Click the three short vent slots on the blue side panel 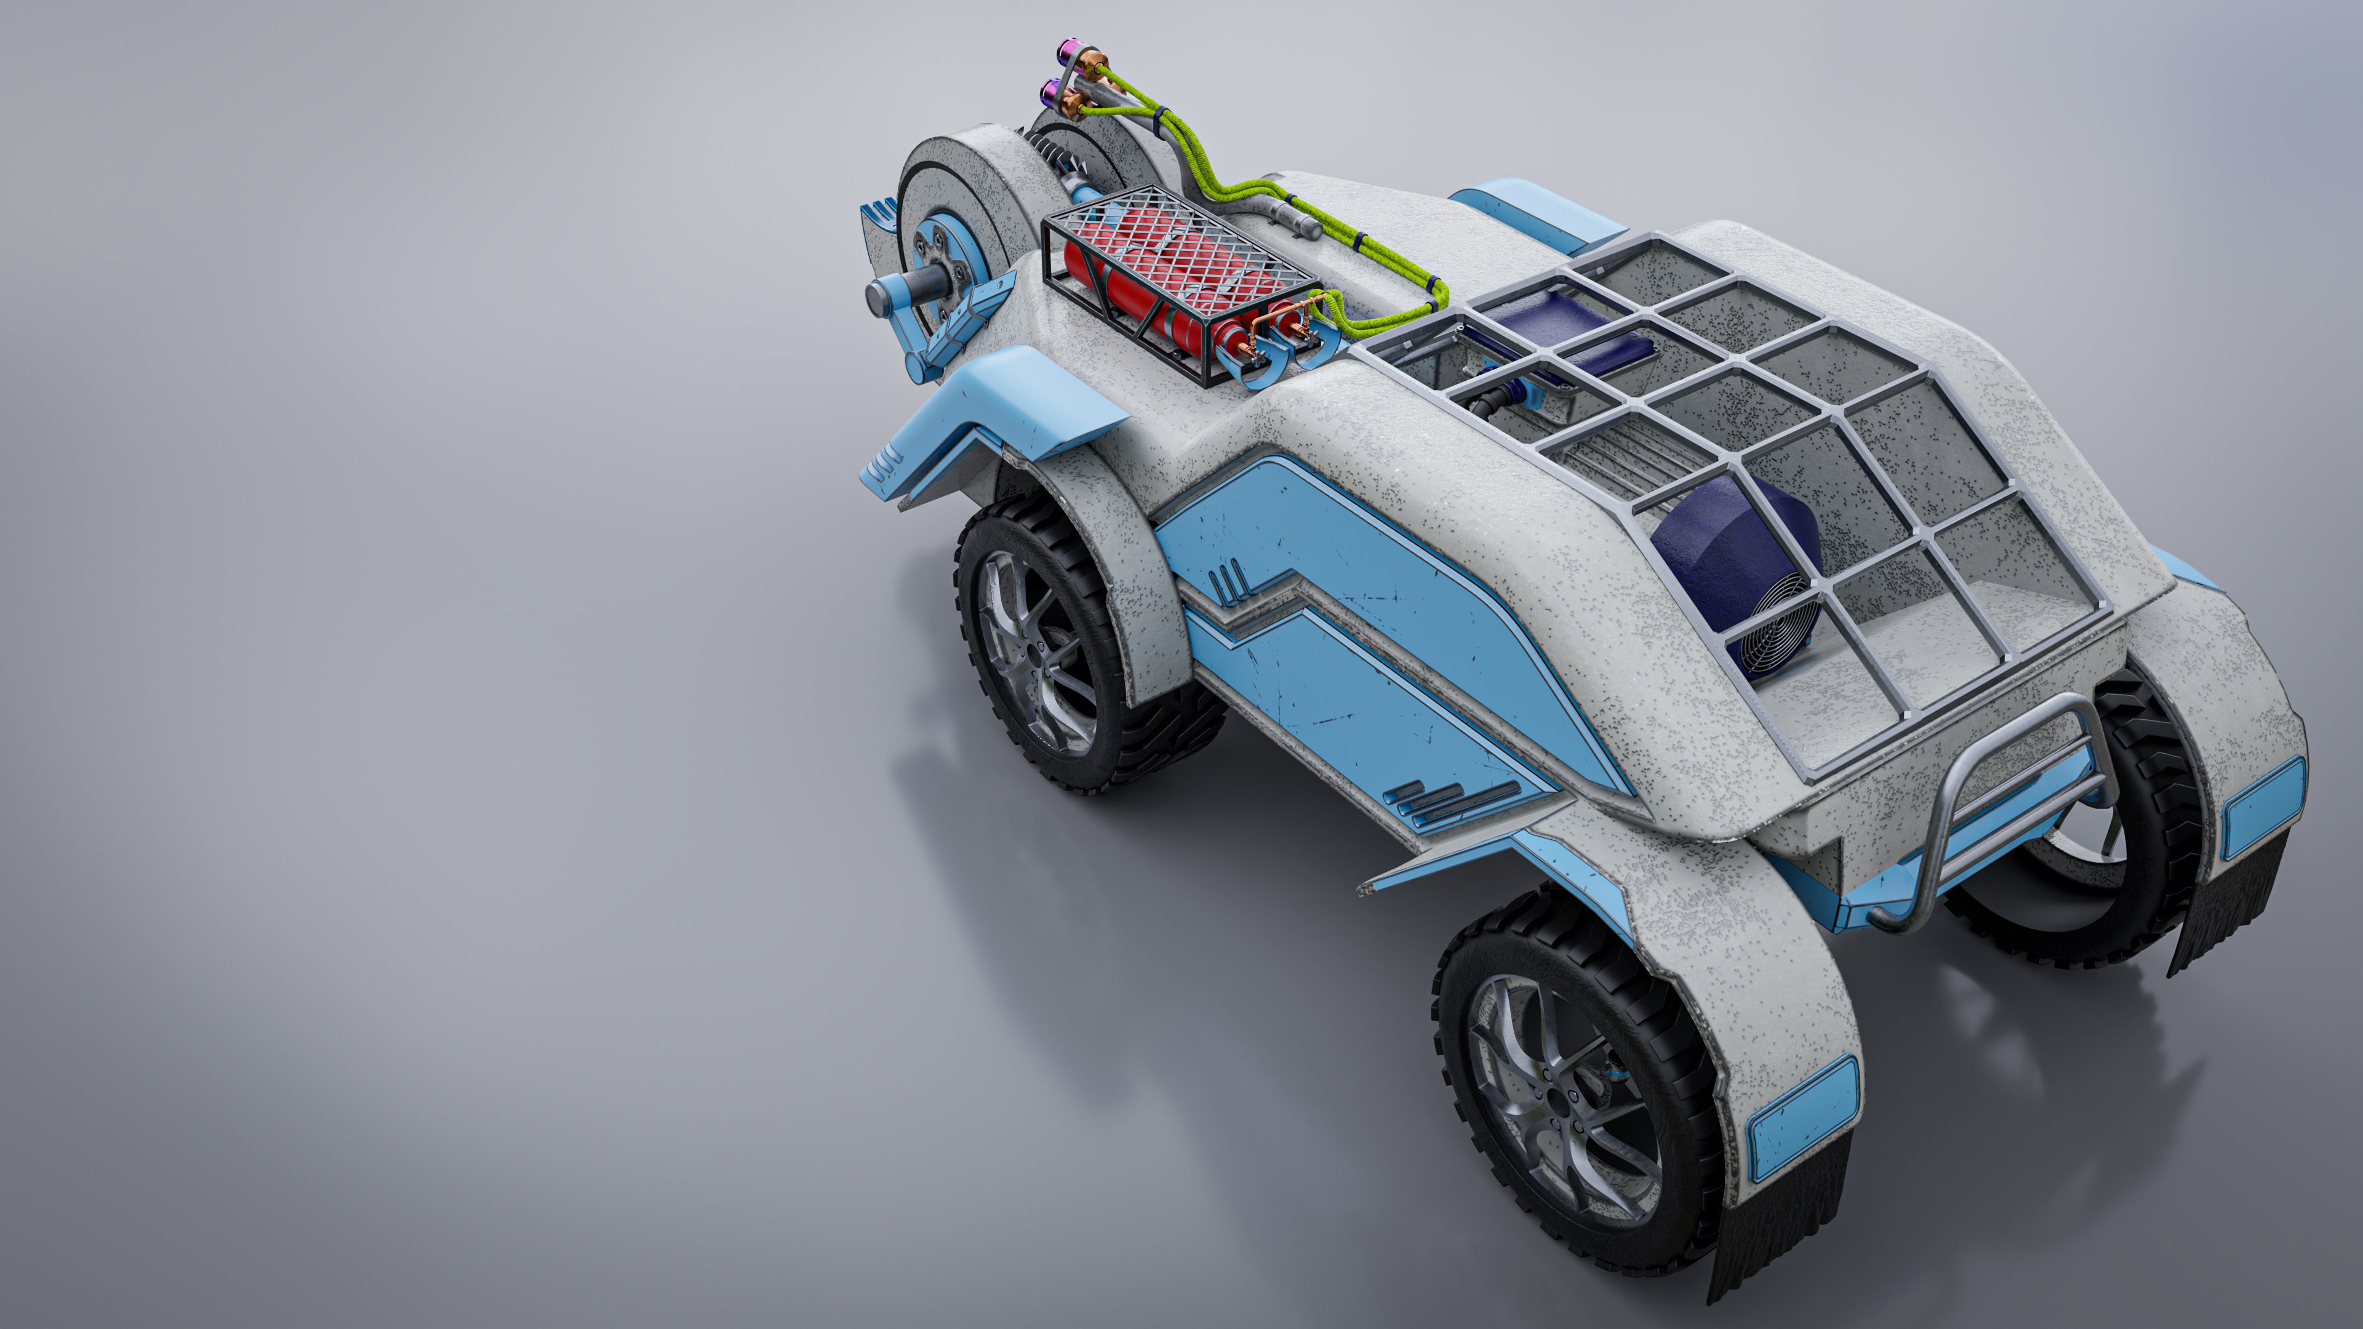tap(1229, 578)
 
